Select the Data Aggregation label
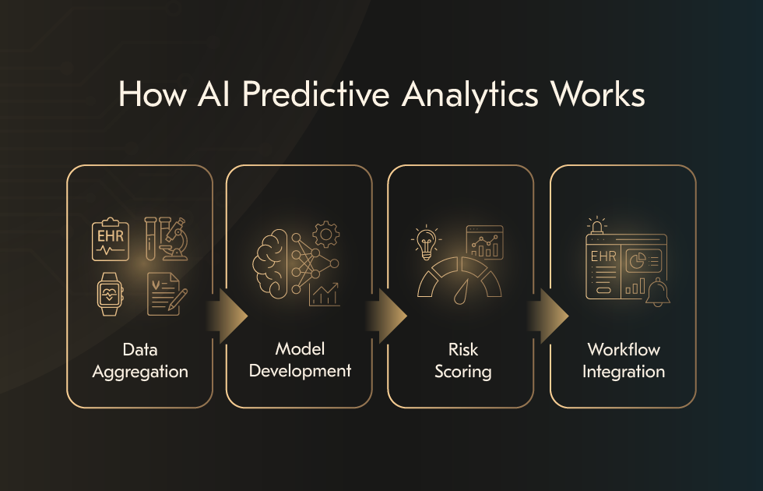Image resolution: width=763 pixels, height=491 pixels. (140, 359)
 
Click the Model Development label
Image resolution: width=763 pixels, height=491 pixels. (300, 359)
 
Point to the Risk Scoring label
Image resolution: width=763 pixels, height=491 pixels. (463, 359)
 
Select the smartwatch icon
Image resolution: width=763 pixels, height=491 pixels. (110, 294)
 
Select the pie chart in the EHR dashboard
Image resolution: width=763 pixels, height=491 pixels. (635, 260)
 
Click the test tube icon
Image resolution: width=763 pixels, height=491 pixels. (150, 238)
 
